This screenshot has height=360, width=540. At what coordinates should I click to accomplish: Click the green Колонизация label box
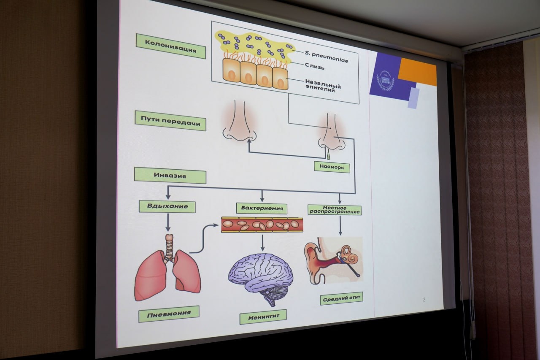tap(170, 46)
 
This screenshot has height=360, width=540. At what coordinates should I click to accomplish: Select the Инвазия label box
tap(170, 175)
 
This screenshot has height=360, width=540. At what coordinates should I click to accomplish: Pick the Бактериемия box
tap(262, 208)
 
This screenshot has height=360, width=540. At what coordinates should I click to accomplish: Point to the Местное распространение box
tap(335, 209)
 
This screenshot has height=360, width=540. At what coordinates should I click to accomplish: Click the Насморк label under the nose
tap(332, 166)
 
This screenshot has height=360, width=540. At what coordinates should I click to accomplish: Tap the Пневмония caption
tap(168, 314)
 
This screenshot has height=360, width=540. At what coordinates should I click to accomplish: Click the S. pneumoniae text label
tap(327, 57)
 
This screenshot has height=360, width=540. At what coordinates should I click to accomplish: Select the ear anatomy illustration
tap(333, 259)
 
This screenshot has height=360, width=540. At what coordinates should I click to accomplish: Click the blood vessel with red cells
tap(262, 225)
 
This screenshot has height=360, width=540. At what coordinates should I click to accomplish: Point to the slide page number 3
tap(424, 300)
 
